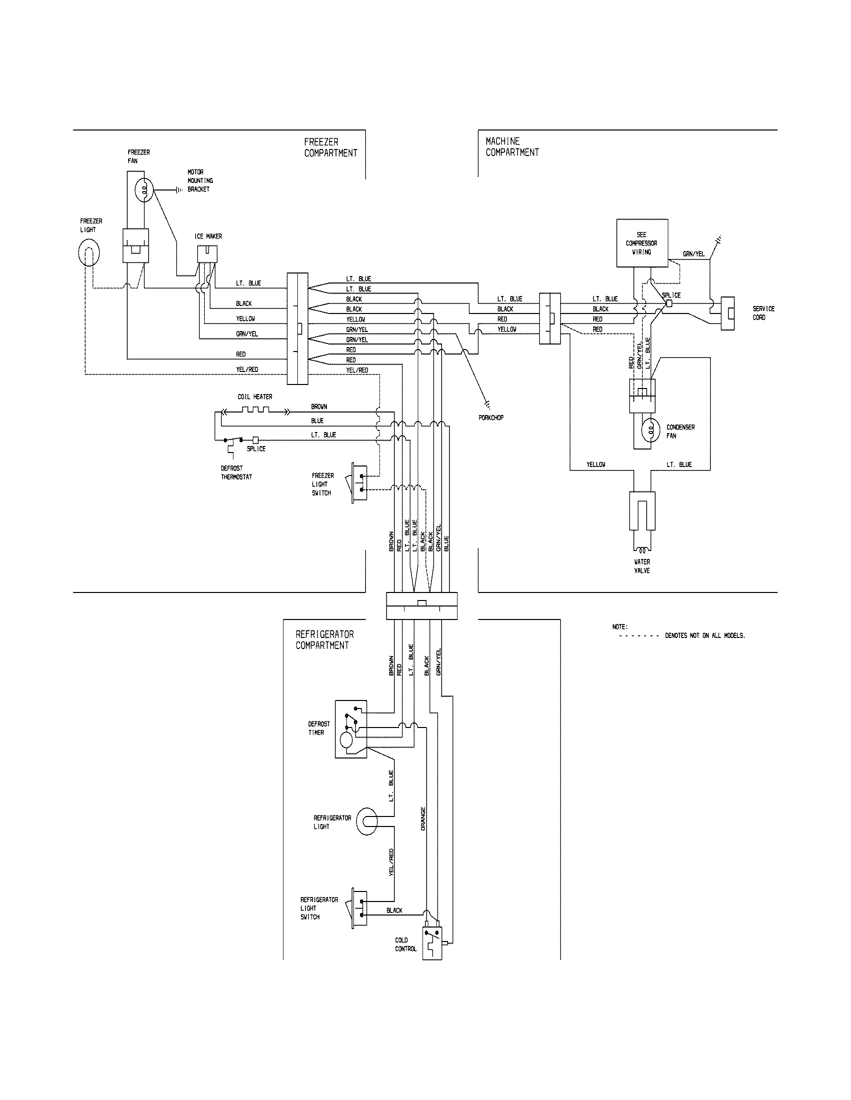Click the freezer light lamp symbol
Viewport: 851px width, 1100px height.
click(x=89, y=253)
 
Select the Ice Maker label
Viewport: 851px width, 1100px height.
click(x=208, y=236)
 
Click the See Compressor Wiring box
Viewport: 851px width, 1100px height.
click(x=642, y=243)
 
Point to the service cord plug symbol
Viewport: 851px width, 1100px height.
click(x=727, y=313)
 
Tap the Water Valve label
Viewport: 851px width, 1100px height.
click(x=642, y=566)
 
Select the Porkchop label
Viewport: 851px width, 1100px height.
click(x=491, y=417)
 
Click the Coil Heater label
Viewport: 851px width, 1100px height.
click(x=255, y=397)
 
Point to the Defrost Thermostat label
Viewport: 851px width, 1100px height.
click(x=236, y=472)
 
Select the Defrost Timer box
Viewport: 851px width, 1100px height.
click(x=350, y=729)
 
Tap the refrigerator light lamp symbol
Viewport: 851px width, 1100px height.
click(x=368, y=821)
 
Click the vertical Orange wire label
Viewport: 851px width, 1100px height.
click(x=423, y=819)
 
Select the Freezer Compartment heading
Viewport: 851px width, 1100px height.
click(x=331, y=147)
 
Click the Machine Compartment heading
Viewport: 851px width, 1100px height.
click(x=512, y=146)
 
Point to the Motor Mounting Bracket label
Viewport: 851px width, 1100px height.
click(x=200, y=180)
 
